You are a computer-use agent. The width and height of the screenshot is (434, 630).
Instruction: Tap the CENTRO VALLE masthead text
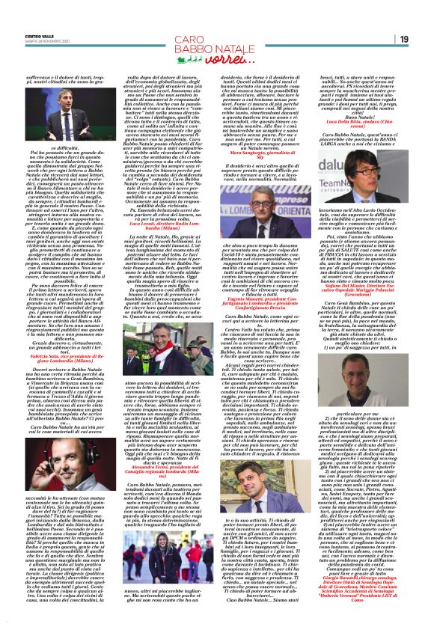coord(37,34)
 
